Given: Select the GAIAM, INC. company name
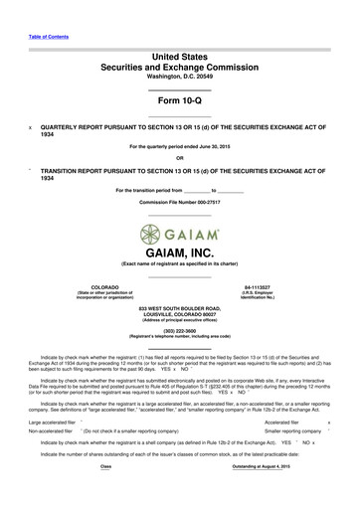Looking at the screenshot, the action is (x=179, y=253).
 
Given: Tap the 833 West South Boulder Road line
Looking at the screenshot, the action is (x=179, y=309).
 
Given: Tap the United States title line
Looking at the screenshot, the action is (x=179, y=47).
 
